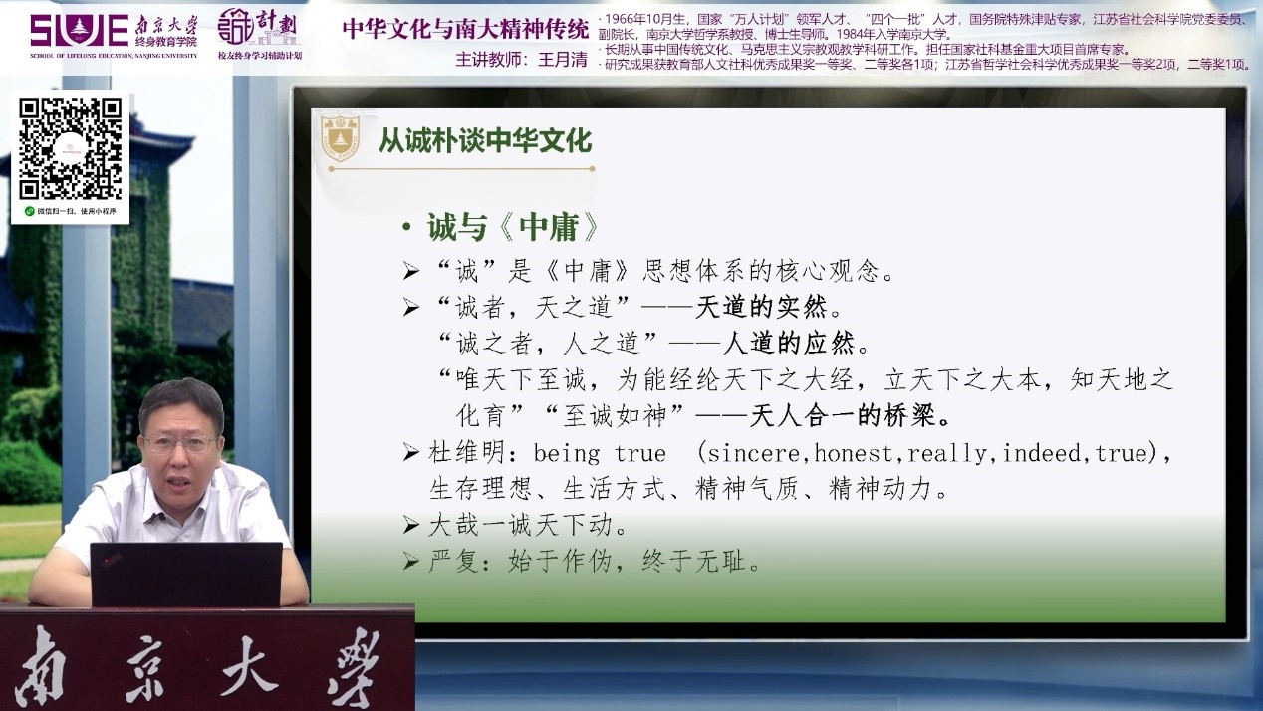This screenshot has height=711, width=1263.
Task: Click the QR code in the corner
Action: [x=71, y=149]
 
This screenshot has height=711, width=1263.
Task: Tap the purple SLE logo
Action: [x=80, y=30]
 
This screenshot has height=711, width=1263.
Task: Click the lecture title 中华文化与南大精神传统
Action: [x=466, y=29]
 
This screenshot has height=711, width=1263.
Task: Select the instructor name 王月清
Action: [x=562, y=60]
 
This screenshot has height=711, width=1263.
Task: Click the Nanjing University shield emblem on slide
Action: [x=340, y=138]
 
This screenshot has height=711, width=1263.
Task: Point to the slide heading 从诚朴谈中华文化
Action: [x=485, y=140]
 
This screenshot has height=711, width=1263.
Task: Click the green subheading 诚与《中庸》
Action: [x=512, y=228]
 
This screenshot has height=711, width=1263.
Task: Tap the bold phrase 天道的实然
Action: [x=761, y=308]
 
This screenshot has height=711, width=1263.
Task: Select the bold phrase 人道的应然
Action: [x=788, y=343]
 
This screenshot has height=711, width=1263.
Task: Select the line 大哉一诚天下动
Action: [x=520, y=525]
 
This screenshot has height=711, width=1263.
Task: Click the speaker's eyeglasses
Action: [x=180, y=445]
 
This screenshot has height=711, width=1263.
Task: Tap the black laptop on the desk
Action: [x=186, y=575]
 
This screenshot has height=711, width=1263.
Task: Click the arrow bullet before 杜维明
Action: [x=411, y=453]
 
